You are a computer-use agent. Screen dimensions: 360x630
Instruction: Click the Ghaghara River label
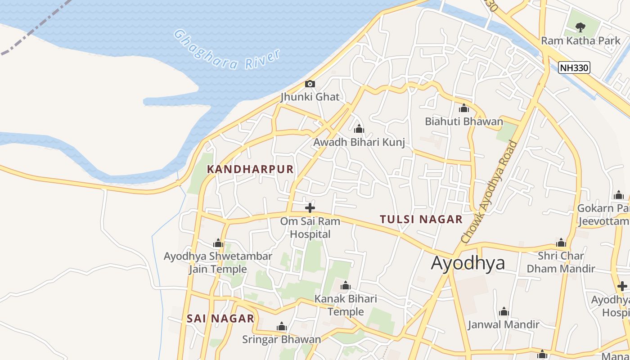point(227,50)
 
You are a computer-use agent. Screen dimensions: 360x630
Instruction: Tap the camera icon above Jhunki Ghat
point(310,84)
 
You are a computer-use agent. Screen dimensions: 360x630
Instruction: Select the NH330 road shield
point(574,67)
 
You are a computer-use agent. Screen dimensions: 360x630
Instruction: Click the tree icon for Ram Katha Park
point(580,27)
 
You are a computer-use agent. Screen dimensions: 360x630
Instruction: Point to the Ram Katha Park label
point(580,40)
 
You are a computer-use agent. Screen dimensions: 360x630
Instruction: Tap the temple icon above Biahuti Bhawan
point(464,108)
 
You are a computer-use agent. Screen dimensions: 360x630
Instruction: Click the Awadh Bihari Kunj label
point(359,142)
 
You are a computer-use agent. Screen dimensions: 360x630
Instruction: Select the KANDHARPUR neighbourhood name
point(250,169)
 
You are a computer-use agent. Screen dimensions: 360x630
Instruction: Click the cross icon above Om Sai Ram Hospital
point(310,208)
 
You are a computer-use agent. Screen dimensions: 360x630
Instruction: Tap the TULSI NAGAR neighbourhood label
point(421,219)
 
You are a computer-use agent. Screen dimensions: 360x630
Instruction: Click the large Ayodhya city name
point(468,263)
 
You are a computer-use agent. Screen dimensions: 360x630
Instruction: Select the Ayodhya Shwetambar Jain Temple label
point(218,263)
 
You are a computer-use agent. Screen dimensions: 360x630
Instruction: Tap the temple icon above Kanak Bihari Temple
point(346,286)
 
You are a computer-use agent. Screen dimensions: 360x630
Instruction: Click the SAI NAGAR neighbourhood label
point(220,319)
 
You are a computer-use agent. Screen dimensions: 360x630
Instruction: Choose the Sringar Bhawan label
point(282,339)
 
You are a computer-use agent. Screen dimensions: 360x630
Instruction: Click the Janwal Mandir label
point(504,324)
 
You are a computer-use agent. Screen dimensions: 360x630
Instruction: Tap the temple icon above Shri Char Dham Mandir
point(561,243)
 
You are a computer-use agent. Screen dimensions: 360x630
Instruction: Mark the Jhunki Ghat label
point(310,97)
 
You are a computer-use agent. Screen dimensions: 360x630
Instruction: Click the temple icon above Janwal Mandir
point(504,311)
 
